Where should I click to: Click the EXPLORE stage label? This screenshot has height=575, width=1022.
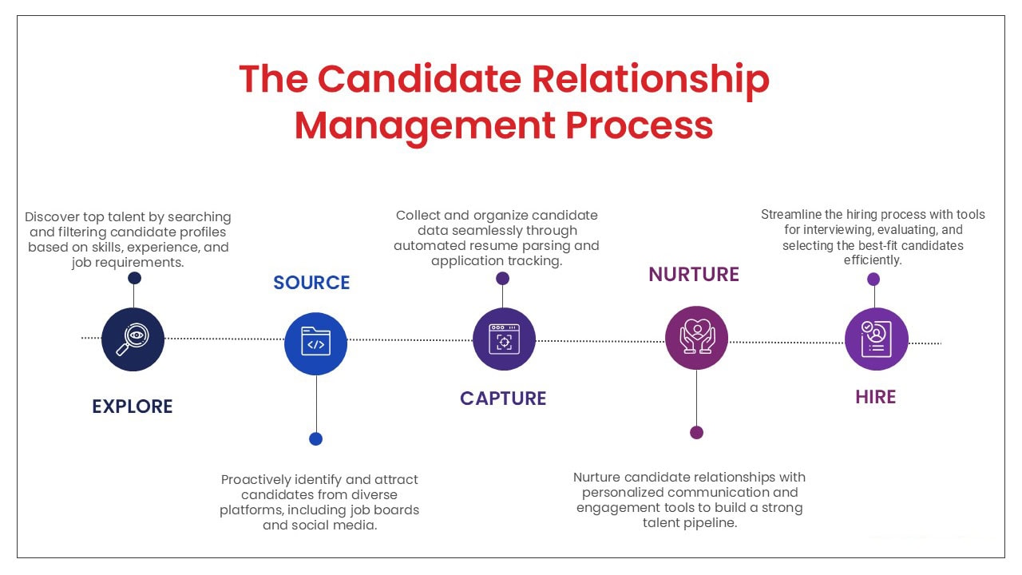tap(133, 406)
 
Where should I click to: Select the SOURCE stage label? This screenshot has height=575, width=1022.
tap(311, 283)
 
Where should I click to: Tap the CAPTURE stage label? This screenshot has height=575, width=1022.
tap(503, 399)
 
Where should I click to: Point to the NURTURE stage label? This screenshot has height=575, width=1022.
tap(694, 274)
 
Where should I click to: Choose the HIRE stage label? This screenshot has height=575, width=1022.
tap(876, 397)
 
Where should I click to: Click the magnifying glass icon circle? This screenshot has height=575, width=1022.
tap(133, 339)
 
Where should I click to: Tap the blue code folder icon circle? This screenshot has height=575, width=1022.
tap(315, 343)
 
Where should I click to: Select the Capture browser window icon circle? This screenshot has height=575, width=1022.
tap(504, 339)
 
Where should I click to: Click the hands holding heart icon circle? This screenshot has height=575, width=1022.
tap(697, 338)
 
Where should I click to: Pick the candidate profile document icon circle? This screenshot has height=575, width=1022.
tap(877, 339)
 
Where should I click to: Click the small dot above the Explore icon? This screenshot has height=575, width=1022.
tap(134, 278)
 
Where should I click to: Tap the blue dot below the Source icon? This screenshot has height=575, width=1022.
tap(315, 439)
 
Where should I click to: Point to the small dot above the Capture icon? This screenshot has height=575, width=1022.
tap(503, 279)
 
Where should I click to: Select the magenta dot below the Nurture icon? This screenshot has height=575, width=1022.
tap(697, 432)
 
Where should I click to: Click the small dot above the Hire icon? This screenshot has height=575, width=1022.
tap(873, 280)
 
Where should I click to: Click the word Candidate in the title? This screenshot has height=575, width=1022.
tap(419, 79)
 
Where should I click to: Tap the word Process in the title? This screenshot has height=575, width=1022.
tap(640, 125)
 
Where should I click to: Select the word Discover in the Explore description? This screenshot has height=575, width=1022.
tap(52, 216)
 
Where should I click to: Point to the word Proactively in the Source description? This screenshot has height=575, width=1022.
tap(256, 480)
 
